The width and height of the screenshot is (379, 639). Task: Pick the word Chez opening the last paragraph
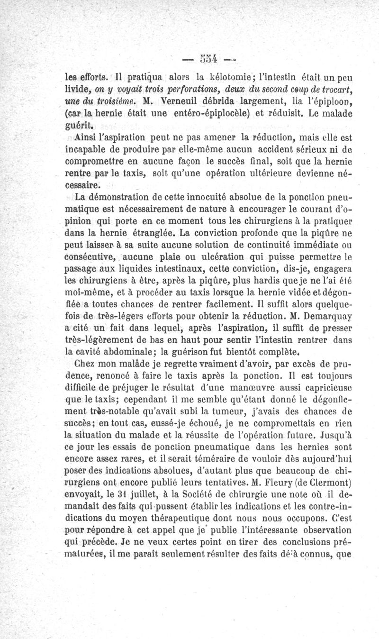click(84, 365)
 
